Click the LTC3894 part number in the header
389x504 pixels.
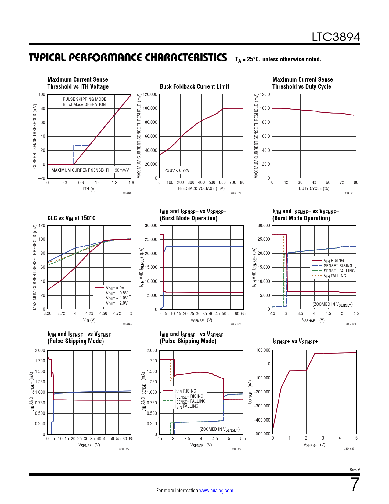(336, 37)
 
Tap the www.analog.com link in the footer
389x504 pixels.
(216, 491)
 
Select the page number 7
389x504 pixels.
(355, 484)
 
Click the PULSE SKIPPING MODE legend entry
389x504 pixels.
(85, 99)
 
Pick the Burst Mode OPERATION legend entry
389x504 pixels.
(84, 104)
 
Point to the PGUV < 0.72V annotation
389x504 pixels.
(177, 170)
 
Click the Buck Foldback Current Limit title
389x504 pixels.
(194, 86)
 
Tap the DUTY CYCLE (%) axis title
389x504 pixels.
(314, 188)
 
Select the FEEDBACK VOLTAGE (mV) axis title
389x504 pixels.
(201, 188)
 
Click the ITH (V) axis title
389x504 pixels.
(89, 189)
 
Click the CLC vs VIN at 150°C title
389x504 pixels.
(71, 218)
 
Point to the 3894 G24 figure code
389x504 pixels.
(351, 324)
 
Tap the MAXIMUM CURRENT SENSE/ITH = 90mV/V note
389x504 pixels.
(90, 170)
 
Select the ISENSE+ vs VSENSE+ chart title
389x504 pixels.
(295, 341)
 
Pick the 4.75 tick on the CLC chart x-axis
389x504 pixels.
(117, 313)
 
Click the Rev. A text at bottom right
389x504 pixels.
(355, 469)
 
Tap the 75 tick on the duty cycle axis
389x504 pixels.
(342, 182)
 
